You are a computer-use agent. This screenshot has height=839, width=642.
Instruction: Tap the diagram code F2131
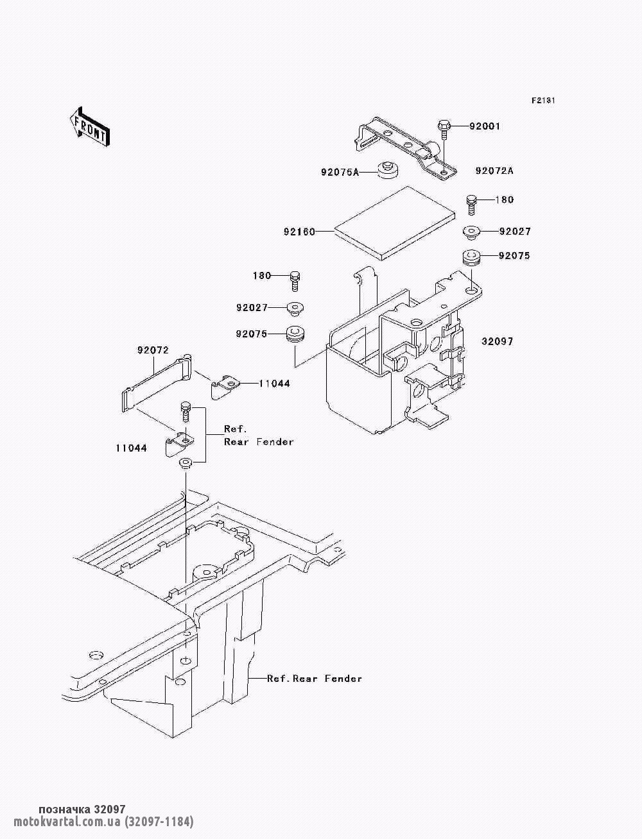click(543, 101)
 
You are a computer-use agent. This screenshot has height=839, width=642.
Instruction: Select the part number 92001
click(484, 126)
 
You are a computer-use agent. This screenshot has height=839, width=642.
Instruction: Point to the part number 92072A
click(494, 171)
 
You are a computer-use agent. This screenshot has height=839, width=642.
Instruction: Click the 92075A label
click(340, 173)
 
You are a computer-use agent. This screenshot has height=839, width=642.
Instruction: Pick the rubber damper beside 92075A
click(388, 171)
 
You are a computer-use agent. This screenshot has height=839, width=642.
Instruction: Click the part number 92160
click(299, 232)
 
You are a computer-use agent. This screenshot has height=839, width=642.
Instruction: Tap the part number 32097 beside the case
click(497, 341)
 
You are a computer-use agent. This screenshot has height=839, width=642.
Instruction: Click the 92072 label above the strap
click(153, 350)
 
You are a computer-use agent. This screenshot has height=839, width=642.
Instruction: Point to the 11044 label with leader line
click(274, 384)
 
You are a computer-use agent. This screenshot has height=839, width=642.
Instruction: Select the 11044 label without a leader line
click(132, 448)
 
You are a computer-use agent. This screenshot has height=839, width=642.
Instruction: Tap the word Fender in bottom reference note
click(343, 679)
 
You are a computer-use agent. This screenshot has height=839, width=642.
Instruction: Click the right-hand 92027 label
click(515, 232)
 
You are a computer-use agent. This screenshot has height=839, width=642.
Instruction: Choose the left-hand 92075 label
click(252, 334)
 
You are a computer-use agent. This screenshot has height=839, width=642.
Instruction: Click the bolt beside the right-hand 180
click(472, 205)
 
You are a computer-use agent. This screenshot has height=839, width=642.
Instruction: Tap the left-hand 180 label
click(262, 275)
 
